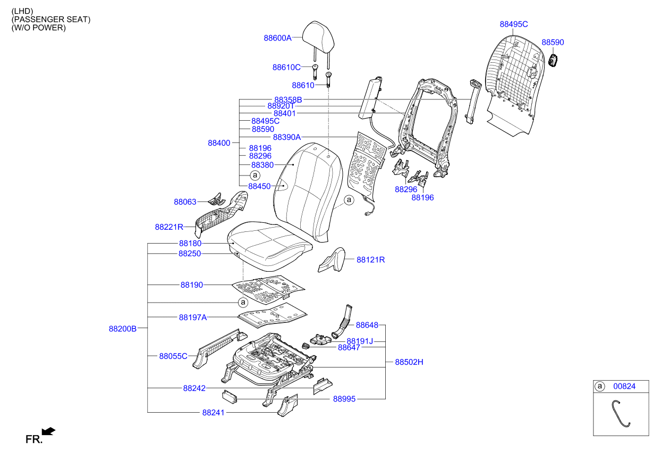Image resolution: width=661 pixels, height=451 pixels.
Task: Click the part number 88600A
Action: (x=277, y=38)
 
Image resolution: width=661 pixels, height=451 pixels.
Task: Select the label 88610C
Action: (x=286, y=68)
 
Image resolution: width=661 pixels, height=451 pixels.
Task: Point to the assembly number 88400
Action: (x=219, y=143)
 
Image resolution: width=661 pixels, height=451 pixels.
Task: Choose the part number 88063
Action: (x=185, y=202)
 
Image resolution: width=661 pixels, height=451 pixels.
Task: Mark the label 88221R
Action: (x=169, y=227)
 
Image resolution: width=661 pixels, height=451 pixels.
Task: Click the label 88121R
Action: (x=370, y=260)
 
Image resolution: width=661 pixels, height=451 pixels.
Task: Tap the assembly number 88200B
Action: (x=123, y=329)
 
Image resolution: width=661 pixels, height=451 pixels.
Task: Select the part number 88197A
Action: (x=192, y=318)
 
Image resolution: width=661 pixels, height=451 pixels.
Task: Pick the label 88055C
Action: (x=173, y=356)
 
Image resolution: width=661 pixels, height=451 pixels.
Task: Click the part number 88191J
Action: (x=360, y=341)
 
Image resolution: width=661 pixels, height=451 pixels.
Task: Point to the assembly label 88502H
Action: (x=409, y=362)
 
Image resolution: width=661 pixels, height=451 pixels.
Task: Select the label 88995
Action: (x=344, y=398)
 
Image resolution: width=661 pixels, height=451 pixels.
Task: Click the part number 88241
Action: (x=213, y=412)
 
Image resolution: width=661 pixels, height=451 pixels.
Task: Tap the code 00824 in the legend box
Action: (x=624, y=387)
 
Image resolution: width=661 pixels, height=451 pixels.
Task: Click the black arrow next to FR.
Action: (x=48, y=431)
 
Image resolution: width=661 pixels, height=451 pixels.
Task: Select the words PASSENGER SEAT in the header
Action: (x=51, y=20)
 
